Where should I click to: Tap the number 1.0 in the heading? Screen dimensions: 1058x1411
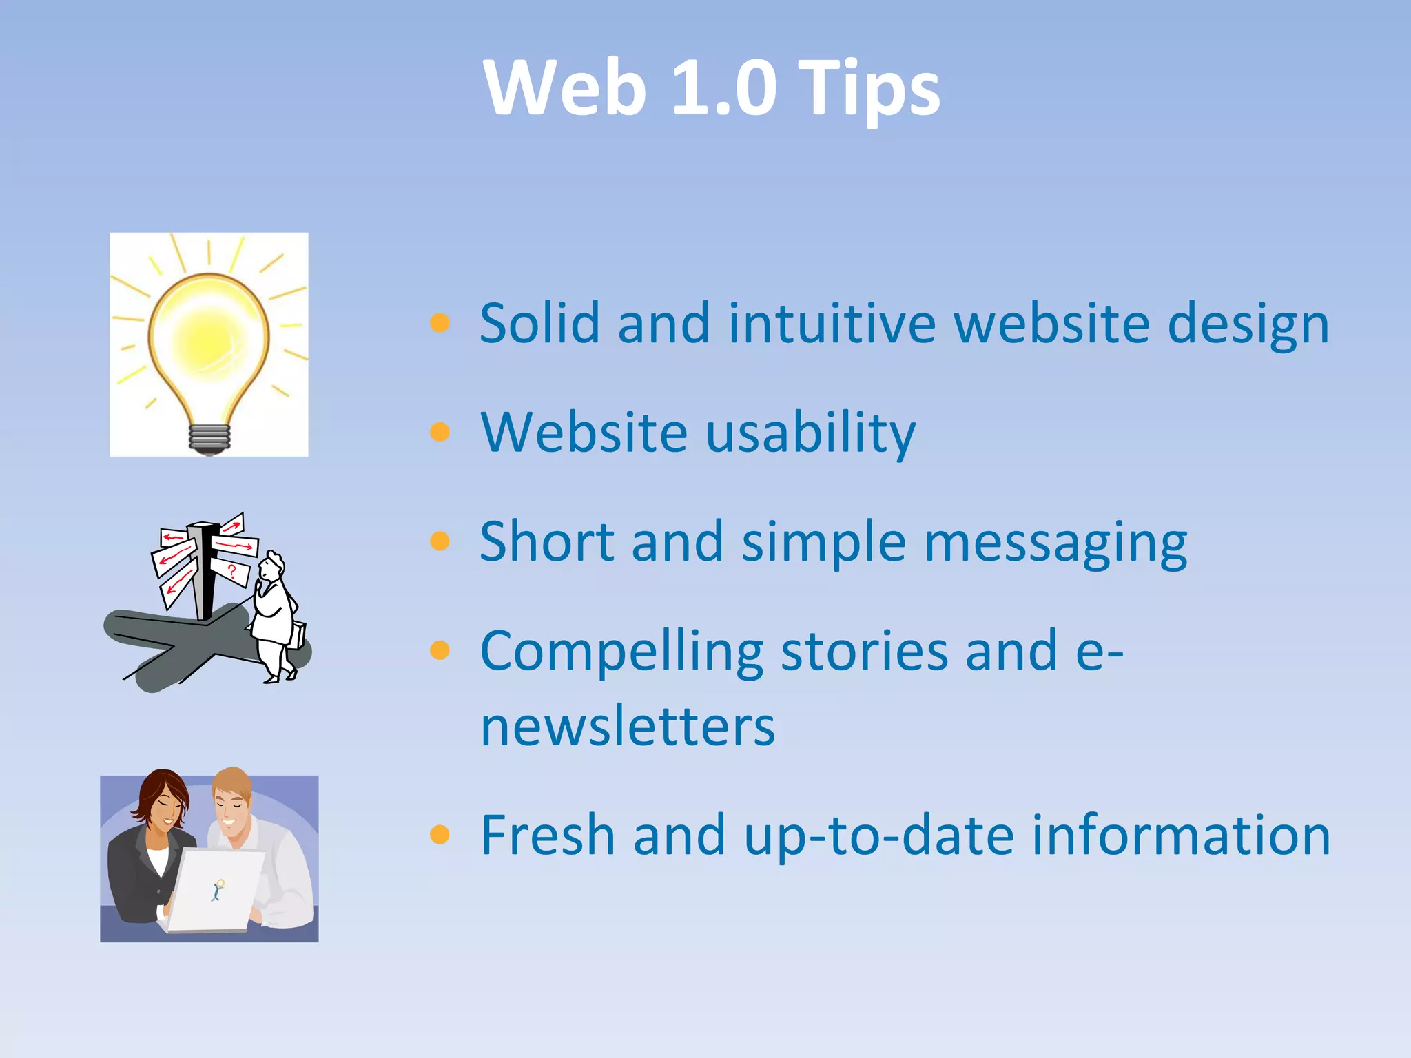[723, 87]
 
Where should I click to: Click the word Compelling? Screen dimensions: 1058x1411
[621, 651]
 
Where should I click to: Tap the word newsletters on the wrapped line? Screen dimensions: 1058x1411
[628, 726]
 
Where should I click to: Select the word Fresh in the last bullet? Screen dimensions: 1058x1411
[548, 835]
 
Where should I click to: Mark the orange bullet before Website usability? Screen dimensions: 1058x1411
[440, 432]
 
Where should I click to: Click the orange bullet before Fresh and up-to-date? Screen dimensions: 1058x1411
[440, 835]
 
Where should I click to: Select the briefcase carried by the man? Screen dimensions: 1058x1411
[297, 634]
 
